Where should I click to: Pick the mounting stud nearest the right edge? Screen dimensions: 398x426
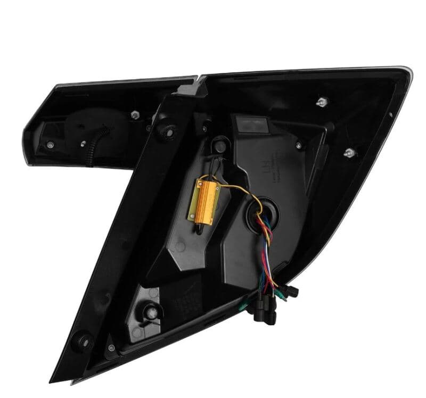point(349,153)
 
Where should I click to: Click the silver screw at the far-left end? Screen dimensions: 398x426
point(50,144)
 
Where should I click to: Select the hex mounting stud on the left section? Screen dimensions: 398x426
point(135,114)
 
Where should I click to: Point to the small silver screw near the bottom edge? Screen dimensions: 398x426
point(111,348)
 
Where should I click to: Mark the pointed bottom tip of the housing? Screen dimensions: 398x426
point(53,380)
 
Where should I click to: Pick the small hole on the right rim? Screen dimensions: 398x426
point(390,114)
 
